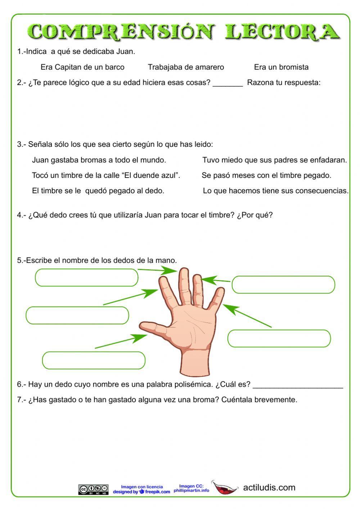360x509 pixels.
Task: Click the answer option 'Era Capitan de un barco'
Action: tap(82, 67)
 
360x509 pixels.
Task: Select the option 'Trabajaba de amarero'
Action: tap(186, 67)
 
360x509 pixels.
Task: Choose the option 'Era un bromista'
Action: tap(281, 67)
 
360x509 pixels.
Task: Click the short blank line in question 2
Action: tap(228, 85)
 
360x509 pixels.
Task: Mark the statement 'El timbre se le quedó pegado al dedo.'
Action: tap(98, 191)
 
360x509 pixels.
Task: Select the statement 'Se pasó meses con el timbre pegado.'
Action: tap(266, 175)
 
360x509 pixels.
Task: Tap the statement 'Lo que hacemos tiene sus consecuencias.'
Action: tap(276, 191)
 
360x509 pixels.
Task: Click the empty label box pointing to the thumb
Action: tap(94, 360)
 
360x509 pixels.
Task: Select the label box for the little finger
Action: tap(279, 338)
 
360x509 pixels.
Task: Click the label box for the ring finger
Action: tap(283, 285)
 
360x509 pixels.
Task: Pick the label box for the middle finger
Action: tap(86, 278)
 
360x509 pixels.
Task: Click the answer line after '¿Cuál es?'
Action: tap(298, 386)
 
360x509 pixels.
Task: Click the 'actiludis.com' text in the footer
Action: tap(269, 488)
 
